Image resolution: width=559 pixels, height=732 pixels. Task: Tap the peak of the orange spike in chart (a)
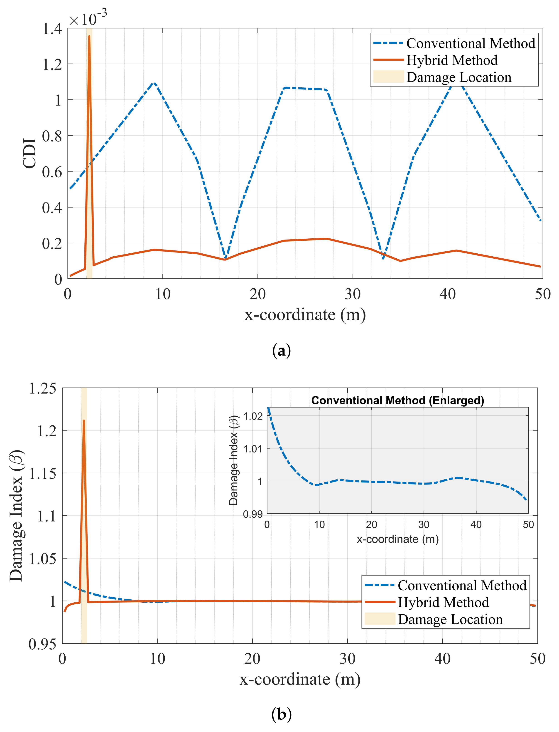tap(89, 37)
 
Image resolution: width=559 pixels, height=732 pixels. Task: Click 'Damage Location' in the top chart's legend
tap(458, 77)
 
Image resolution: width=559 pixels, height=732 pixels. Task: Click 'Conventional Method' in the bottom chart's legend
tap(462, 586)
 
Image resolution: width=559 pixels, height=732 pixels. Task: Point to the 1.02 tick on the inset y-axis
tap(253, 416)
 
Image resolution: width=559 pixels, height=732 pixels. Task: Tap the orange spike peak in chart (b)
tap(84, 421)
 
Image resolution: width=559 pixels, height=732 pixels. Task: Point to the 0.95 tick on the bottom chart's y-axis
tap(43, 644)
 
